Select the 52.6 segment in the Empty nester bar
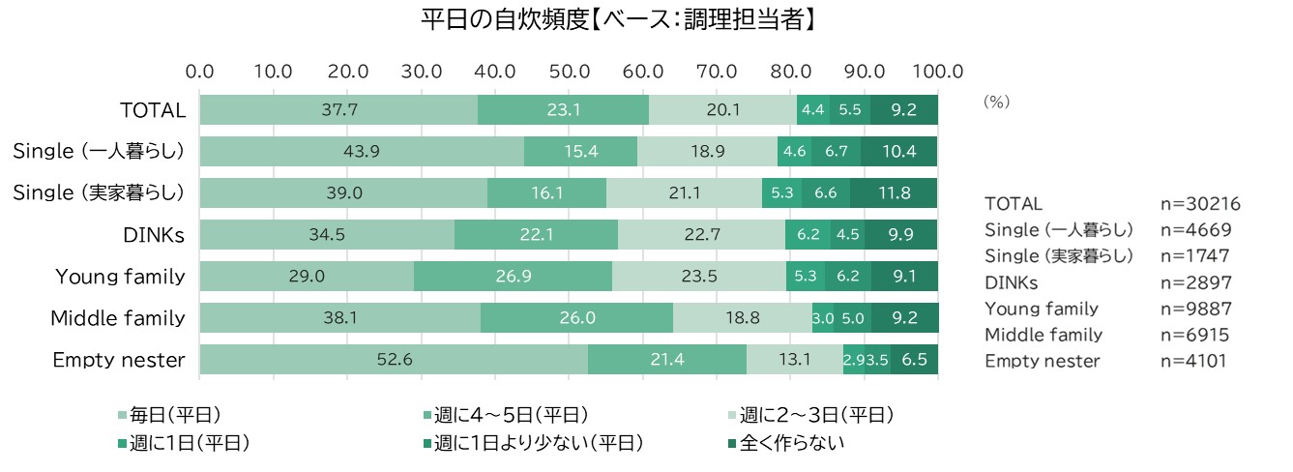coord(394,359)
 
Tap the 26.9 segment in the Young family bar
coord(513,276)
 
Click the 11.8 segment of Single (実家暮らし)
coord(893,192)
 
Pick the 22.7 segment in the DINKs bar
coord(701,234)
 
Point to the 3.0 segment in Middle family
coord(823,317)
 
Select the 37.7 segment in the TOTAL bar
coord(338,110)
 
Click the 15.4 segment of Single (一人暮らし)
coord(580,151)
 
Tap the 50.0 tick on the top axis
coord(569,72)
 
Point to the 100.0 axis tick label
coord(937,72)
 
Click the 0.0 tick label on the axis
coord(200,72)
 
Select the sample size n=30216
coord(1199,204)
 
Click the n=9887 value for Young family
coord(1194,309)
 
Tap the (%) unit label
coord(996,103)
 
